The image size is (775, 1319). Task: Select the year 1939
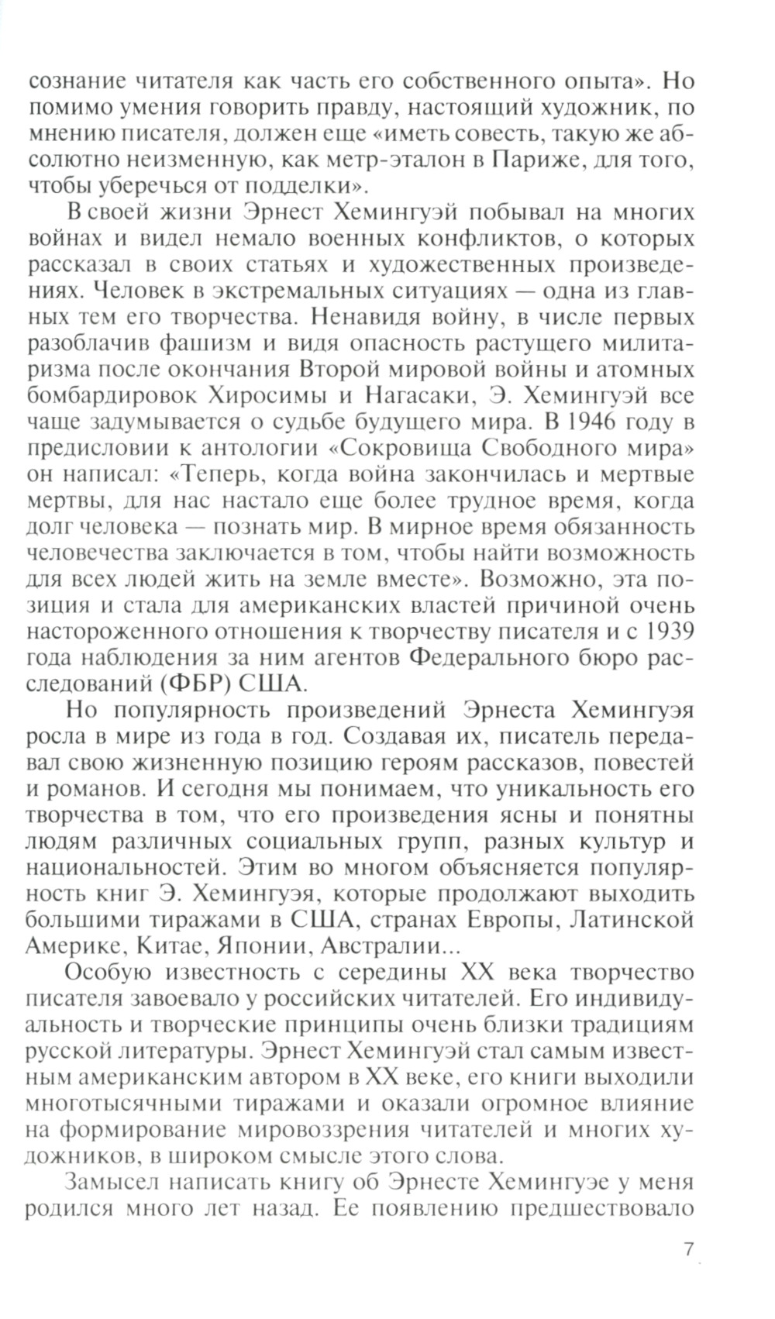666,632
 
